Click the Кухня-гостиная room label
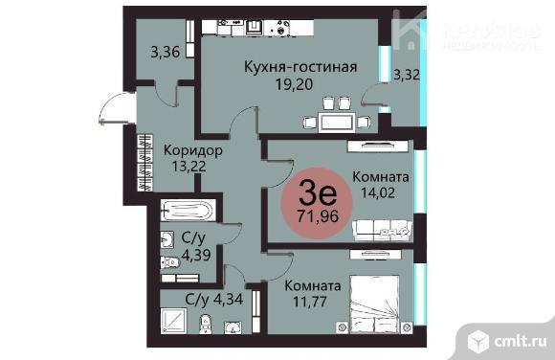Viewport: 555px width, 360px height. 300,67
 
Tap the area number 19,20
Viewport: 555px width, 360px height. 294,84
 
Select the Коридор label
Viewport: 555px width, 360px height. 193,150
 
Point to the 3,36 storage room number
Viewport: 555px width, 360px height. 166,52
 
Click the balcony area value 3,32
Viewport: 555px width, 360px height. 407,75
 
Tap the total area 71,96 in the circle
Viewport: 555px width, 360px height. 318,215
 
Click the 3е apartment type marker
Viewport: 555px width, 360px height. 318,193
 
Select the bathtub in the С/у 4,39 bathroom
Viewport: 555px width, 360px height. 188,211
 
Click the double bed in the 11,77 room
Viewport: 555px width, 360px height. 374,304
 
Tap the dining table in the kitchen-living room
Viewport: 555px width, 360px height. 336,123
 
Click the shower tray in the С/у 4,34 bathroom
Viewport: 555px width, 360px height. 173,321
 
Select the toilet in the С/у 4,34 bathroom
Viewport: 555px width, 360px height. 206,325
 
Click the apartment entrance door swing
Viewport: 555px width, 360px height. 113,107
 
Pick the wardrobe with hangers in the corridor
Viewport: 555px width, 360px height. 144,163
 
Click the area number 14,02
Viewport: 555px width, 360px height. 378,193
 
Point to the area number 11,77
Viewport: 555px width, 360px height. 310,302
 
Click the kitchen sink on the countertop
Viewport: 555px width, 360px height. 254,28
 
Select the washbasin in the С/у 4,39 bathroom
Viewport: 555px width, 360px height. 167,239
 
